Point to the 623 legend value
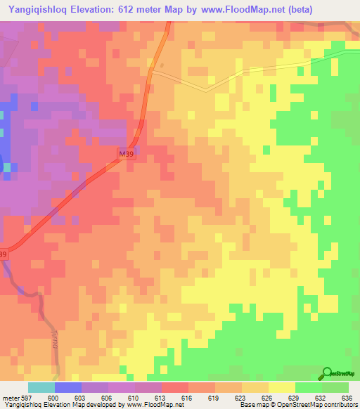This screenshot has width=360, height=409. click(241, 398)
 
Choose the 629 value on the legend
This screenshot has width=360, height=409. click(295, 398)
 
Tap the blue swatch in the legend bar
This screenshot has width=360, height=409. click(68, 387)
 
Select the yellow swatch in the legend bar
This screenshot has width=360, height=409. click(282, 387)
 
